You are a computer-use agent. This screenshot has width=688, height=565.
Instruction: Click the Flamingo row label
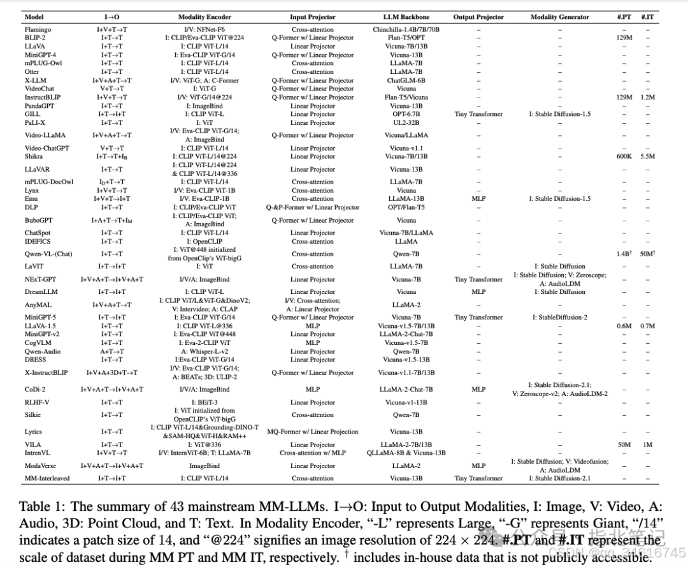[x=38, y=29]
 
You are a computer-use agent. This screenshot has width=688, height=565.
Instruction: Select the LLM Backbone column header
[x=406, y=17]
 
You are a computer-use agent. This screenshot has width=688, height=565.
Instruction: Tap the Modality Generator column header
[x=559, y=17]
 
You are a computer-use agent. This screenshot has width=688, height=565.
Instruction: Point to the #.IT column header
[x=647, y=17]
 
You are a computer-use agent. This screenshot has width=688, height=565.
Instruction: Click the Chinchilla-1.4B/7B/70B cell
[x=406, y=29]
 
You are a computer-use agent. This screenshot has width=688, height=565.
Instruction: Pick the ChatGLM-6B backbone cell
[x=406, y=80]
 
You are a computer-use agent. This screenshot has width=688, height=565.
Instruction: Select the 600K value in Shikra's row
[x=624, y=156]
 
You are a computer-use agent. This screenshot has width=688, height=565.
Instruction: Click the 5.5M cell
[x=647, y=156]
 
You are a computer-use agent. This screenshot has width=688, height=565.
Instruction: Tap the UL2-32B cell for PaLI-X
[x=406, y=122]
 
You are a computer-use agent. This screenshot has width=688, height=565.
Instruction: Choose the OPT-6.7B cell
[x=406, y=114]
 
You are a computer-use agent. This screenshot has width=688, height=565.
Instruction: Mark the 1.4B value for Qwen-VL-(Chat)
[x=624, y=254]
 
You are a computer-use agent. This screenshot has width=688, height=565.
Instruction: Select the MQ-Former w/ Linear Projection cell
[x=313, y=432]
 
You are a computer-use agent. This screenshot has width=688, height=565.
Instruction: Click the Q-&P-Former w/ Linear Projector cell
[x=313, y=207]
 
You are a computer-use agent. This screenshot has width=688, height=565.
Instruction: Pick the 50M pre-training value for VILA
[x=624, y=444]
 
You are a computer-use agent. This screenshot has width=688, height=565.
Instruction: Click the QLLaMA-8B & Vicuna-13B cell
[x=406, y=453]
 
